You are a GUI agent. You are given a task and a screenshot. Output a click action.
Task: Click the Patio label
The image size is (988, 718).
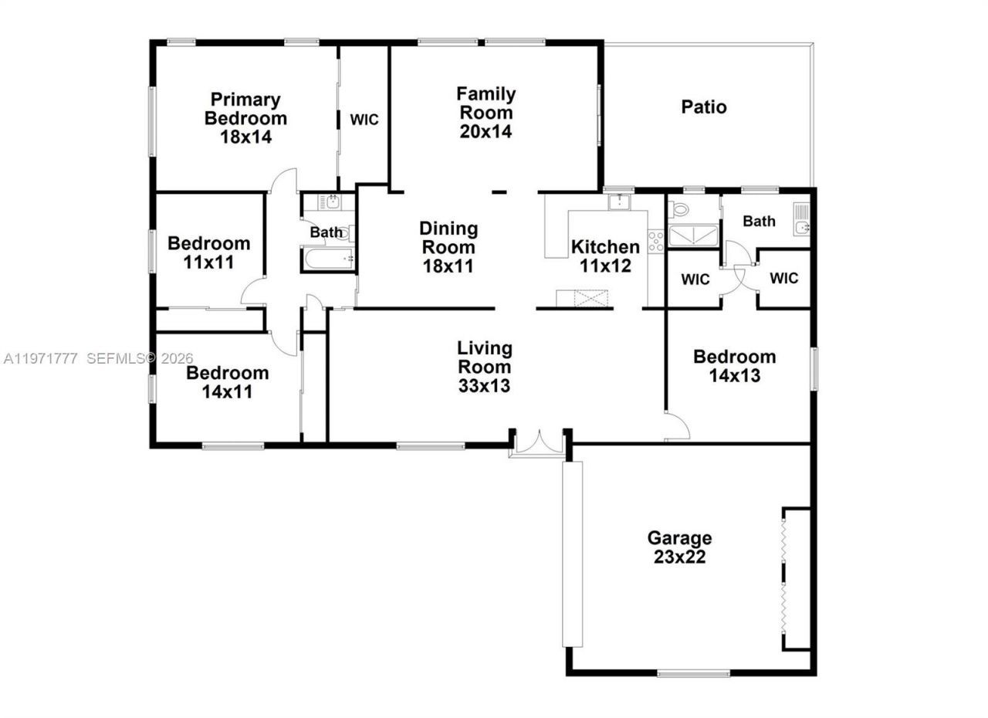[703, 107]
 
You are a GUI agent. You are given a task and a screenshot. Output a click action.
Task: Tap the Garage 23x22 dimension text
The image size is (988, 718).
[679, 557]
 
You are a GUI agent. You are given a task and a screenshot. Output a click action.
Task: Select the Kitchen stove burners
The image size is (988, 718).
[655, 241]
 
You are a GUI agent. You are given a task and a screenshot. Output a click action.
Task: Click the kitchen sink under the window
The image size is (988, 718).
[619, 202]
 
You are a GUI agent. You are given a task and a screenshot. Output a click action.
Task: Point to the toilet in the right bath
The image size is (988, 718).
[680, 209]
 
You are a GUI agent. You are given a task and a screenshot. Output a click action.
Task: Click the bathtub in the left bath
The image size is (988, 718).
[327, 259]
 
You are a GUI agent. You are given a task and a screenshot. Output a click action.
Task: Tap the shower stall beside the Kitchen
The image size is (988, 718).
[693, 236]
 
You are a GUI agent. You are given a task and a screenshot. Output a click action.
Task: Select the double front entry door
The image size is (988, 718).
[540, 445]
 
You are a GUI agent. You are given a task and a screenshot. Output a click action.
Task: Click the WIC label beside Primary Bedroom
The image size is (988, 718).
[364, 120]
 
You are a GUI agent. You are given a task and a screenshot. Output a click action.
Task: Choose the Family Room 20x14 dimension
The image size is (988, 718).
[486, 131]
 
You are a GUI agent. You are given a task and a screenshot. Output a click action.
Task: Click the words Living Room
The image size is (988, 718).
[484, 357]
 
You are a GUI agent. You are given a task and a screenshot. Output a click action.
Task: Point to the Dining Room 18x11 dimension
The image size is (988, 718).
[448, 266]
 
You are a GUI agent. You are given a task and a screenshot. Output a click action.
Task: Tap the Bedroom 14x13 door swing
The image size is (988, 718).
[677, 427]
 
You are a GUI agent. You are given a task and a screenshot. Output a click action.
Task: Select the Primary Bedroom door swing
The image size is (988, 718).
[284, 181]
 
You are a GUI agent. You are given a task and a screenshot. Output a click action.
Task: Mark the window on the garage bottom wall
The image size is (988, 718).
[693, 674]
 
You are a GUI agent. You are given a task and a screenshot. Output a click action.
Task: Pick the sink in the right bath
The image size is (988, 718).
[802, 222]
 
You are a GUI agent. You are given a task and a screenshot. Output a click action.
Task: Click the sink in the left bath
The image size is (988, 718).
[332, 202]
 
